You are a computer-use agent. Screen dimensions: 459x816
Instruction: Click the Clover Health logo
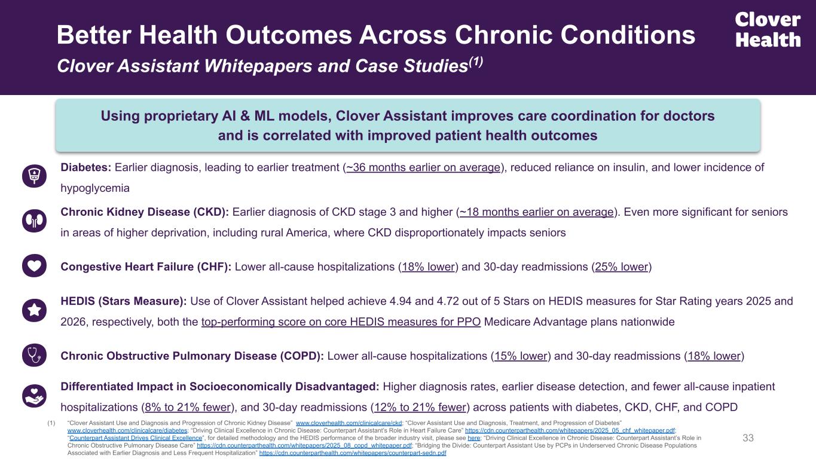pos(768,30)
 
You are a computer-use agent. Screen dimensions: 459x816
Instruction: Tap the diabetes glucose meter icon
pos(34,175)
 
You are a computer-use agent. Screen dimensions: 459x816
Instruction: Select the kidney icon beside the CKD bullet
pos(34,221)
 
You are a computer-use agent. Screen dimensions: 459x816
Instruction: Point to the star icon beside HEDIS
pos(34,310)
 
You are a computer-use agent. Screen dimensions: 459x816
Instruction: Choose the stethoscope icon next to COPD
pos(34,356)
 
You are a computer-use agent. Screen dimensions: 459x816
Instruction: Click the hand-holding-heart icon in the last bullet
pos(34,394)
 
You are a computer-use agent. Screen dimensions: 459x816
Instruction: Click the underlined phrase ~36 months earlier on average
pos(423,168)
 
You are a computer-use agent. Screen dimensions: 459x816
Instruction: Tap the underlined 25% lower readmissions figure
pos(621,267)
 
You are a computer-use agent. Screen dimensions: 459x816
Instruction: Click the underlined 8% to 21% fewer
pos(188,408)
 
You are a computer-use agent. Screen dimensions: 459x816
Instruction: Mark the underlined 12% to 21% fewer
pos(420,408)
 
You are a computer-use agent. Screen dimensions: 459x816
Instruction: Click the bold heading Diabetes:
pos(86,168)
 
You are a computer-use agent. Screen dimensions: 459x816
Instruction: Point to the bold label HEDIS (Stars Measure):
pos(124,301)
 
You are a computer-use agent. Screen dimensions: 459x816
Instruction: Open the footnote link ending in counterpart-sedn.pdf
pos(353,453)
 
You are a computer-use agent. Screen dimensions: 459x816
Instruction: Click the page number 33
pos(748,439)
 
